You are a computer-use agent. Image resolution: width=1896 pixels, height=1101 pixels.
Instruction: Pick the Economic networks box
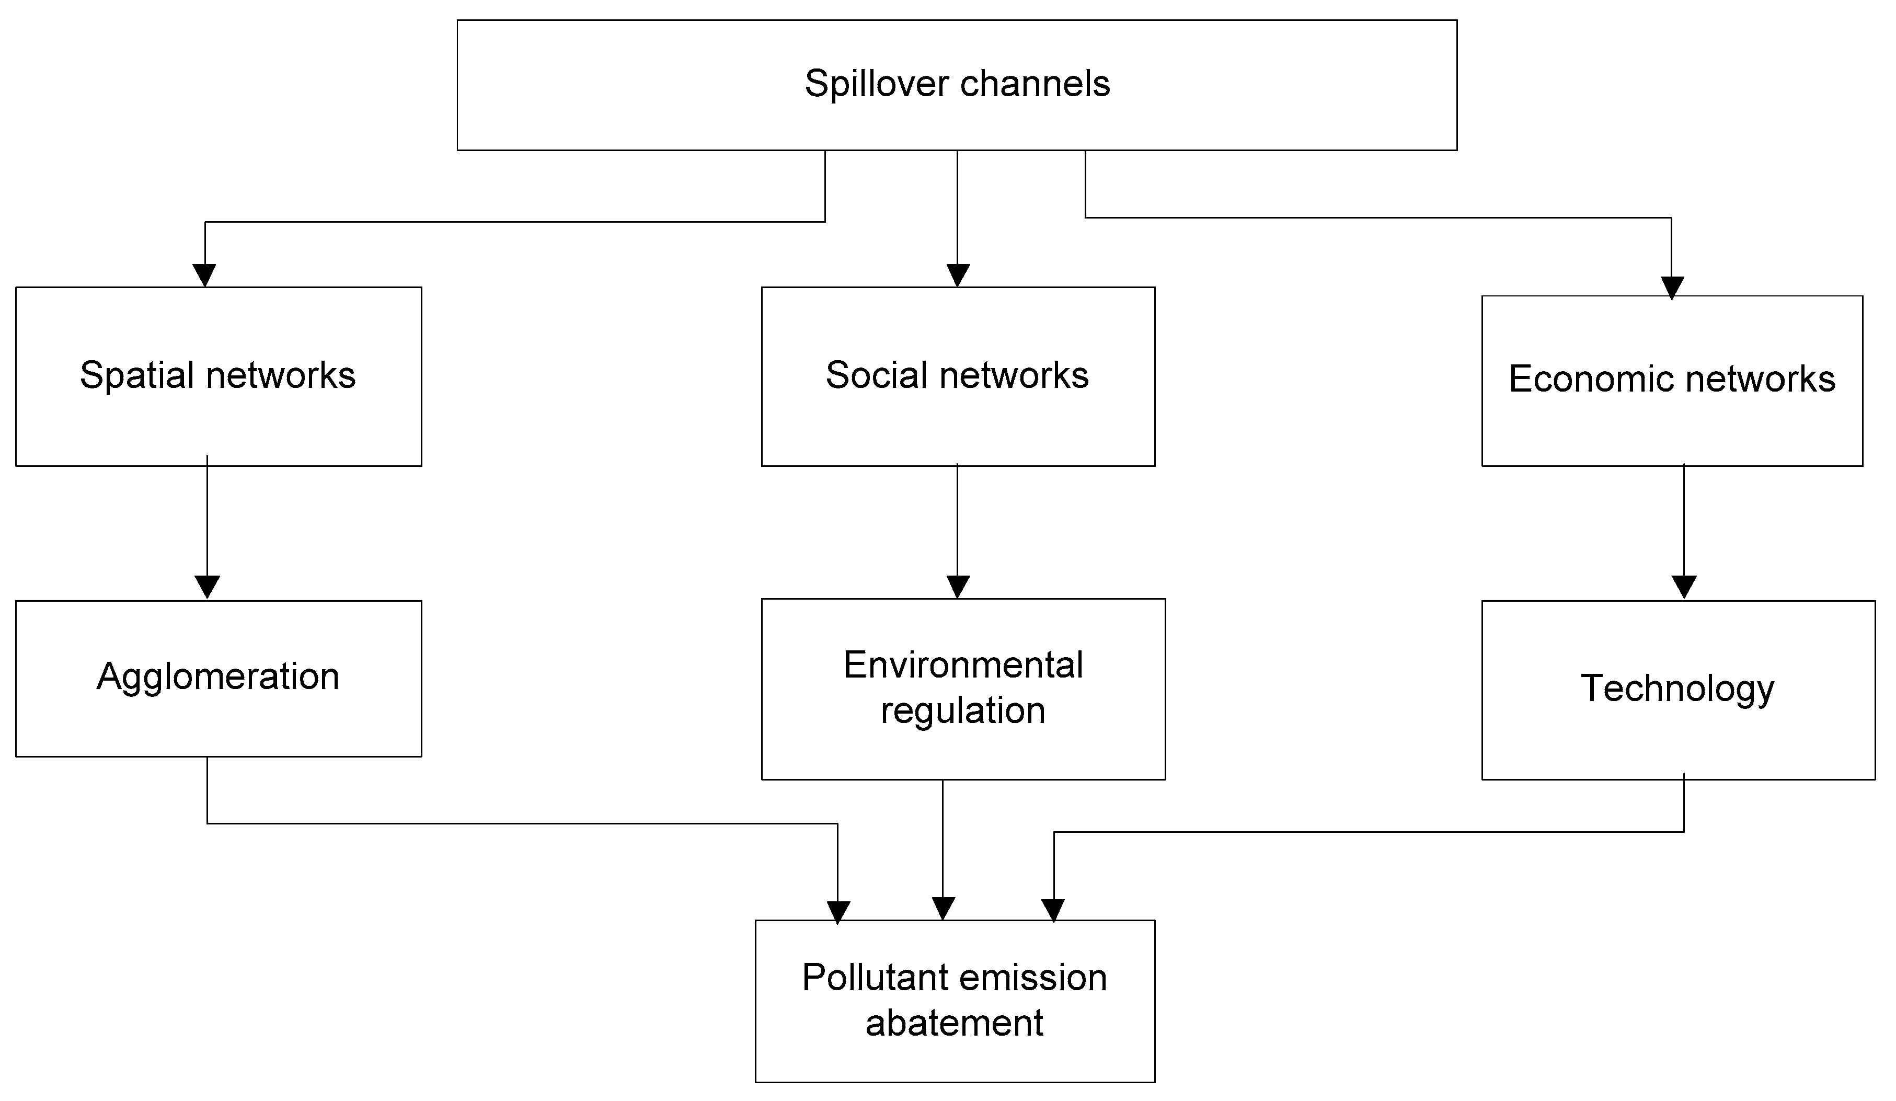coord(1672,380)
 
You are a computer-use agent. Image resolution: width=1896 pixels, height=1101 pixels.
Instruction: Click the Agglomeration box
coord(218,678)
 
